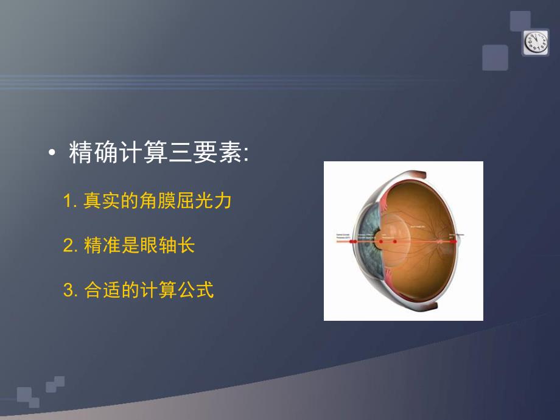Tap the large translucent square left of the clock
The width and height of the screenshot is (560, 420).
click(x=495, y=58)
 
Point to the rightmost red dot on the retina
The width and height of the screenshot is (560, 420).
click(x=453, y=242)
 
